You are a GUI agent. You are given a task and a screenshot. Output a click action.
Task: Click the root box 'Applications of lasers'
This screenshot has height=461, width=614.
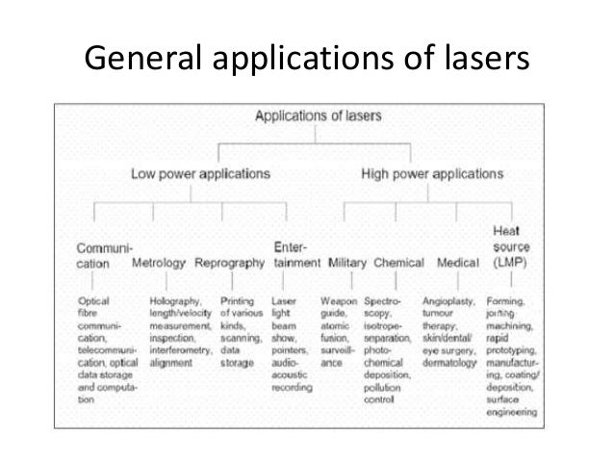click(x=318, y=116)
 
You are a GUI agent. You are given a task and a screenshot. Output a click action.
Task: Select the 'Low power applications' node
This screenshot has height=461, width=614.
click(x=200, y=174)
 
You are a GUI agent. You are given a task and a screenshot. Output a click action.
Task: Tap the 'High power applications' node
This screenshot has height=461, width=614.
click(x=431, y=174)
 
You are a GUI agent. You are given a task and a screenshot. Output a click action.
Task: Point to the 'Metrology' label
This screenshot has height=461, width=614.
click(x=159, y=262)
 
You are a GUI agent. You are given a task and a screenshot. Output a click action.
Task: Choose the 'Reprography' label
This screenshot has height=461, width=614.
click(x=229, y=262)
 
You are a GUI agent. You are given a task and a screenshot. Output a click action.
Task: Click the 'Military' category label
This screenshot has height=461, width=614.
click(x=347, y=262)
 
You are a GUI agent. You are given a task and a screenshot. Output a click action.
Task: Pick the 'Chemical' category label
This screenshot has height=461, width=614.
click(x=398, y=262)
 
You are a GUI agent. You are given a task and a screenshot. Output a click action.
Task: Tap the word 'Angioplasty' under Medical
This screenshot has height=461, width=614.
click(x=448, y=301)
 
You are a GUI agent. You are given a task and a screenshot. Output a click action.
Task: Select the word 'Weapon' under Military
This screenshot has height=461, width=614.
click(x=341, y=301)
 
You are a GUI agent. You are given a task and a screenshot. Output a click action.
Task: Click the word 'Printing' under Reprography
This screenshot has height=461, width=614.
click(x=237, y=301)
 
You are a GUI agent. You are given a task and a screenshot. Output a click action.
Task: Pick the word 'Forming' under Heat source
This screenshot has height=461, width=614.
click(x=505, y=301)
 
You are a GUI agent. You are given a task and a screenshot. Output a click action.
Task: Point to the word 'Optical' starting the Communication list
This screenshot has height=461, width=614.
click(x=93, y=301)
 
